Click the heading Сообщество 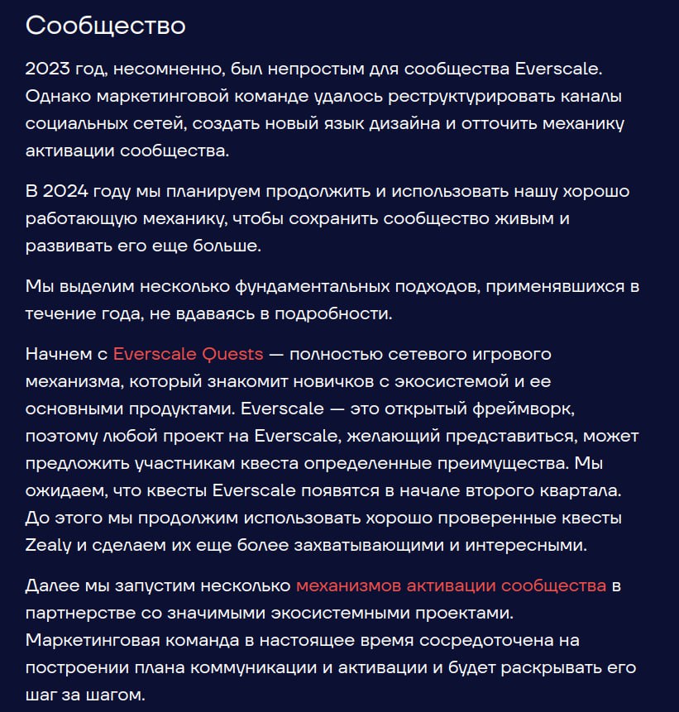(x=105, y=25)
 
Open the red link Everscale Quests (x=188, y=354)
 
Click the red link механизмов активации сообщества (x=451, y=585)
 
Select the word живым (x=521, y=219)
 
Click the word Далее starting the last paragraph (x=50, y=585)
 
